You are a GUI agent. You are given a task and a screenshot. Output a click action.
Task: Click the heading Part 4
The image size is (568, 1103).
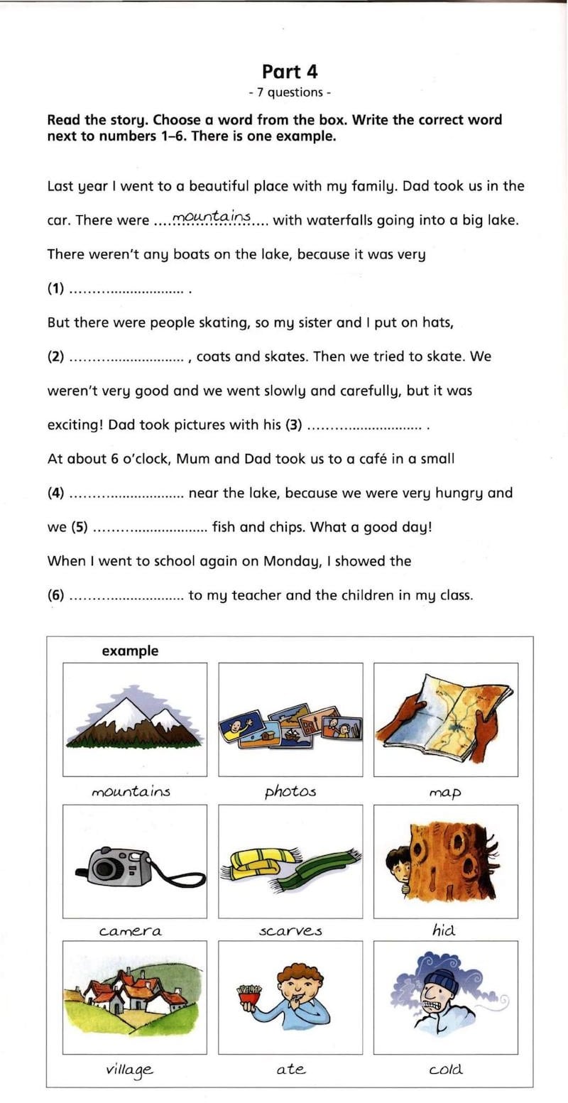coord(290,71)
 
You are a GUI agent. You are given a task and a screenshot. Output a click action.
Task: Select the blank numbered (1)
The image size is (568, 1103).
coord(128,290)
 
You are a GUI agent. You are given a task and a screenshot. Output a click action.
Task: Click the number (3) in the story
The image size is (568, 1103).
coord(293,425)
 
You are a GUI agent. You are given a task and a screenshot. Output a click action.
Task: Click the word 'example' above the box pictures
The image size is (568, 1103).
coord(130,651)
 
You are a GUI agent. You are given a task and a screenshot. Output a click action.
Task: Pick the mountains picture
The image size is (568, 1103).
coord(135,719)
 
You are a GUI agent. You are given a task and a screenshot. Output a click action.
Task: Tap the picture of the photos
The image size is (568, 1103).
coord(290,723)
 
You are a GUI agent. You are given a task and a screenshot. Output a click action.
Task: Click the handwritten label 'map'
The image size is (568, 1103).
coord(445,791)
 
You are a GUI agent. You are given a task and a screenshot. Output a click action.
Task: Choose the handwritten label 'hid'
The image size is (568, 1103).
coord(443,929)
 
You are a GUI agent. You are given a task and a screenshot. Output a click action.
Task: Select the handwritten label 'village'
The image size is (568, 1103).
coord(129,1070)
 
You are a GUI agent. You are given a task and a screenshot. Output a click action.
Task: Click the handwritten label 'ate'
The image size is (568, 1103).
coord(290,1069)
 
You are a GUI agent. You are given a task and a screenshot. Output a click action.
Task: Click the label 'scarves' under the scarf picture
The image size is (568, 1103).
coord(290,930)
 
